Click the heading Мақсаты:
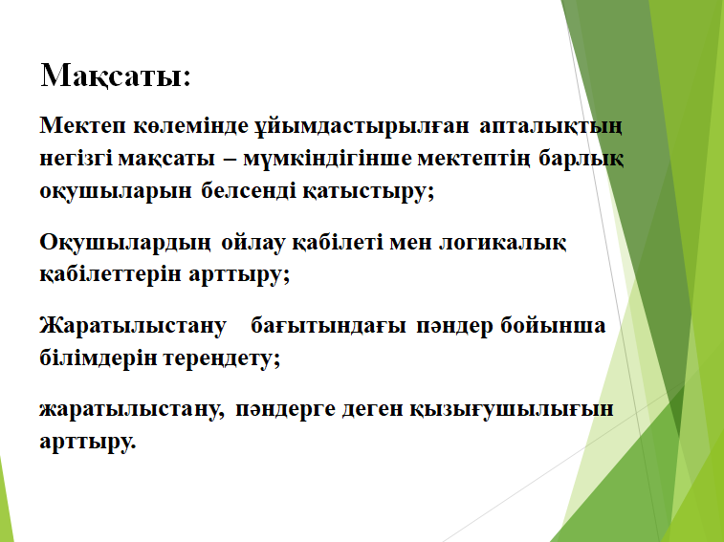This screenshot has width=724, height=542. pyautogui.click(x=116, y=76)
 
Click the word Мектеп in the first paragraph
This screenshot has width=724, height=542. pyautogui.click(x=82, y=125)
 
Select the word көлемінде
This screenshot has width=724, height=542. pyautogui.click(x=191, y=126)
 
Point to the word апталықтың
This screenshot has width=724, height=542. pyautogui.click(x=551, y=126)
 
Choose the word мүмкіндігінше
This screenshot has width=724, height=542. pyautogui.click(x=327, y=160)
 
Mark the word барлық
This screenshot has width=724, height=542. pyautogui.click(x=581, y=159)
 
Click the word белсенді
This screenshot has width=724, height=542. pyautogui.click(x=249, y=190)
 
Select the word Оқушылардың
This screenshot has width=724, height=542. pyautogui.click(x=125, y=243)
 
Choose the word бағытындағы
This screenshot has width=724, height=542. pyautogui.click(x=328, y=326)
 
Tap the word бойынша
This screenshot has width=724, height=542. pyautogui.click(x=553, y=325)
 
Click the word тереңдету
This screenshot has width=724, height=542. pyautogui.click(x=219, y=358)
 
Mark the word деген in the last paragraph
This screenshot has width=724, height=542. pyautogui.click(x=373, y=409)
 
